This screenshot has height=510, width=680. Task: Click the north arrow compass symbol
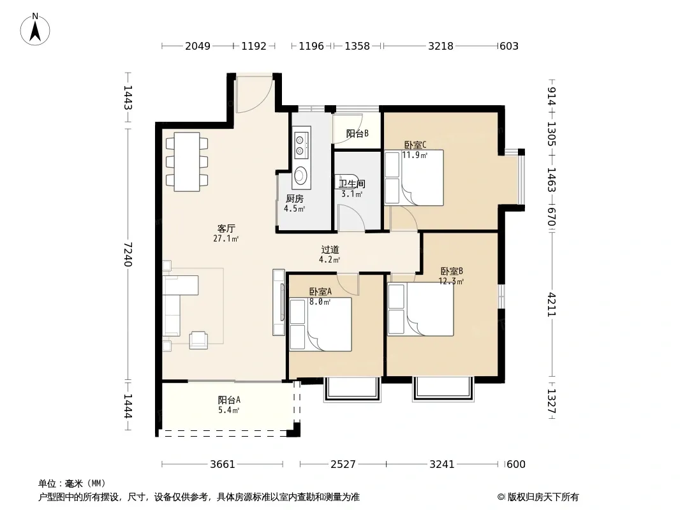coord(35,29)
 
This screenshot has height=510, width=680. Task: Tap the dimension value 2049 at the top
coord(198,46)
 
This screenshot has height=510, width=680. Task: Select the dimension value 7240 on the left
coord(128,254)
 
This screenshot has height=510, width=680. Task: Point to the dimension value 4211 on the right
coord(551,305)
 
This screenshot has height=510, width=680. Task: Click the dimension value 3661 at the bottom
coord(223,464)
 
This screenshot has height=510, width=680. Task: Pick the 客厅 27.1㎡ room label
coord(226,233)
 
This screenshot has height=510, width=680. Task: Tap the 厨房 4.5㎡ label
coord(295,203)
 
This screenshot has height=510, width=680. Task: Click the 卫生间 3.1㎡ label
coord(351,189)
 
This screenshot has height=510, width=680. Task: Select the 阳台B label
coord(357,133)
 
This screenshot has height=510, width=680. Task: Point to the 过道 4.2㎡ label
coord(330,254)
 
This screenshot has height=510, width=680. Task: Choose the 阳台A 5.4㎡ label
coord(229,405)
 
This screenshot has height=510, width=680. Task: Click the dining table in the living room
coord(187,162)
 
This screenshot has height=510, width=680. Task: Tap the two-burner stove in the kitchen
coord(300,145)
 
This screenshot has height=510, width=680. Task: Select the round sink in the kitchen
coord(300,175)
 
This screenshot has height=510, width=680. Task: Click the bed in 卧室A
coord(320,324)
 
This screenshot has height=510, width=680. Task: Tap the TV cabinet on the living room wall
coord(278,302)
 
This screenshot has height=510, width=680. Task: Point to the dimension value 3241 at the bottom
coord(442,464)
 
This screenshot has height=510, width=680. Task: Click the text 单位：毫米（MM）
coord(72,484)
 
